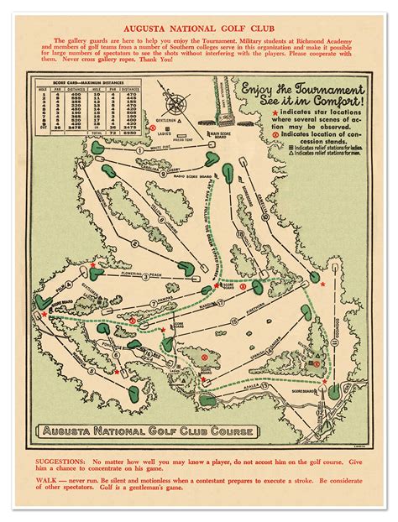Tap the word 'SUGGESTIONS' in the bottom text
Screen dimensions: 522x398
click(x=60, y=461)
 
